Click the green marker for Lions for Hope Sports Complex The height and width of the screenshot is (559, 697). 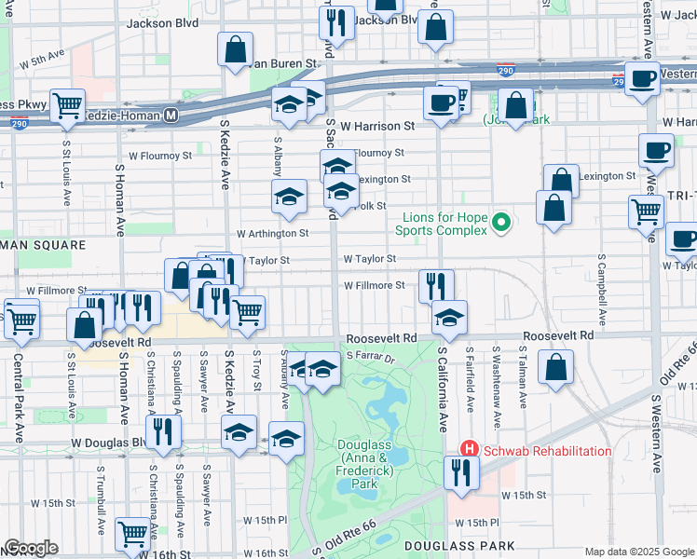[500, 222]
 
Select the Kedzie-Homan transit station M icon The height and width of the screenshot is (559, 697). [171, 115]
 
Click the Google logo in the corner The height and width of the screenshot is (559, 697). [31, 547]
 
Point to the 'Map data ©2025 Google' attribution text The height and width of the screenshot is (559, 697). [639, 552]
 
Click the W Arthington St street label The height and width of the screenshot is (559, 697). [272, 233]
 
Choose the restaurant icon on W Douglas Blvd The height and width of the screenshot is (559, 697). [163, 432]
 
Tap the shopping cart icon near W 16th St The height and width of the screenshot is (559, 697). [132, 534]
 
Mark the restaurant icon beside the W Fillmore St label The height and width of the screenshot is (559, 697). [435, 284]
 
